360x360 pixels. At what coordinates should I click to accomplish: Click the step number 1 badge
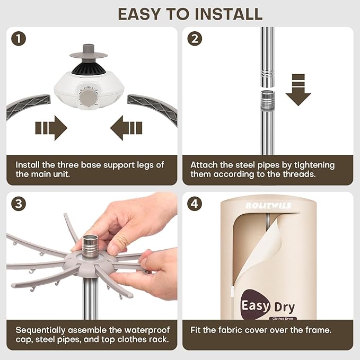click(x=19, y=39)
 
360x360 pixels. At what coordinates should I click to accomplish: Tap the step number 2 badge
click(x=195, y=39)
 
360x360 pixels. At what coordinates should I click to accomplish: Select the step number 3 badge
click(x=19, y=204)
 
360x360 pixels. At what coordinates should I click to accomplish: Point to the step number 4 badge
click(x=195, y=204)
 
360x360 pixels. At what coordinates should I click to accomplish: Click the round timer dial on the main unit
click(x=89, y=98)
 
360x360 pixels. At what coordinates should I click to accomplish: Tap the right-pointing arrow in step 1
click(x=51, y=128)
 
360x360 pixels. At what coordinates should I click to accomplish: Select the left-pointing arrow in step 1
click(x=126, y=128)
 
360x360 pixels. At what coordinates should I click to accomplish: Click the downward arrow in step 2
click(x=298, y=90)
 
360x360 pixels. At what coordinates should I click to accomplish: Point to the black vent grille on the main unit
click(x=89, y=68)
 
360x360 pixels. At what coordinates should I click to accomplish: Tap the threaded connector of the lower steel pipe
click(x=267, y=100)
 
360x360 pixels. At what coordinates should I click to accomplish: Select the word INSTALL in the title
click(x=229, y=14)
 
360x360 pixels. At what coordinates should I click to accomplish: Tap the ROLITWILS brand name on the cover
click(x=268, y=205)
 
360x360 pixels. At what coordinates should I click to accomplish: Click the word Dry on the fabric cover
click(x=285, y=308)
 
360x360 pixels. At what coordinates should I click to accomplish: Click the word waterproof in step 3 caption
click(x=147, y=330)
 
